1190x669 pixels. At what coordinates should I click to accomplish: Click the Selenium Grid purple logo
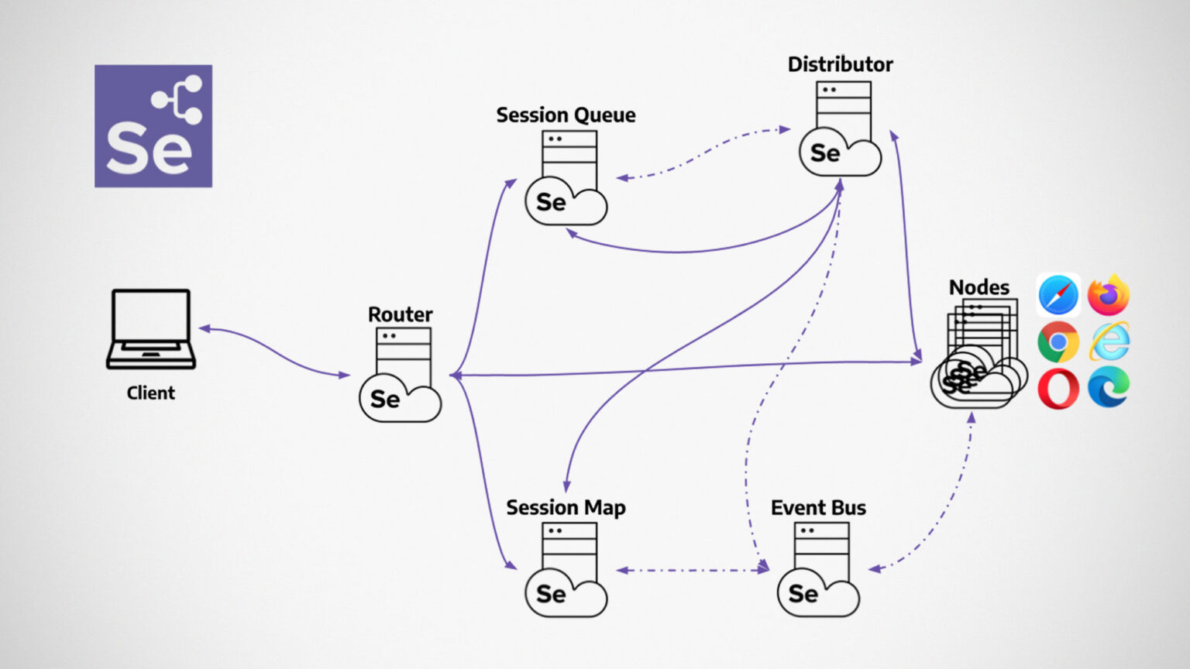tap(153, 125)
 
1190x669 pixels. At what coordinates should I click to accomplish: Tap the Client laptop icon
tap(151, 328)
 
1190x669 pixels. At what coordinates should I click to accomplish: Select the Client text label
tap(151, 393)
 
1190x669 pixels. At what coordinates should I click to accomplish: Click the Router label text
tap(400, 314)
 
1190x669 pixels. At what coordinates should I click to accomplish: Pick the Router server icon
tap(401, 376)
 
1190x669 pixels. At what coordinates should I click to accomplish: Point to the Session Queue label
tap(566, 115)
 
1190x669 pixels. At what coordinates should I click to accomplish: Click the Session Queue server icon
tap(567, 178)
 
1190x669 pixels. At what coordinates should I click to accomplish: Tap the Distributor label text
tap(840, 64)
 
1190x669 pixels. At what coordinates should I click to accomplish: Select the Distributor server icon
tap(841, 129)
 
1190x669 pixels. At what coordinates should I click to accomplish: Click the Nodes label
tap(979, 287)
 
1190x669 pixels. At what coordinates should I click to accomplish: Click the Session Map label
tap(566, 508)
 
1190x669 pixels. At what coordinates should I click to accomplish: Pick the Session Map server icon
tap(567, 570)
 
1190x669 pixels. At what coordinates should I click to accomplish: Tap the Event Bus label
tap(818, 508)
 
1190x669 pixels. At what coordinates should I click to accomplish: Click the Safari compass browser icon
tap(1058, 295)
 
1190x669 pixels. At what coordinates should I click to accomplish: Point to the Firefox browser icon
tap(1109, 295)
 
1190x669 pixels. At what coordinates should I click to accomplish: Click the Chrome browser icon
tap(1058, 341)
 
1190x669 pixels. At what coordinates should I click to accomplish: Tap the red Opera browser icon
tap(1058, 388)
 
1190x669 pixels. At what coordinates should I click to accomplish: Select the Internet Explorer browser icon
tap(1109, 341)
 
